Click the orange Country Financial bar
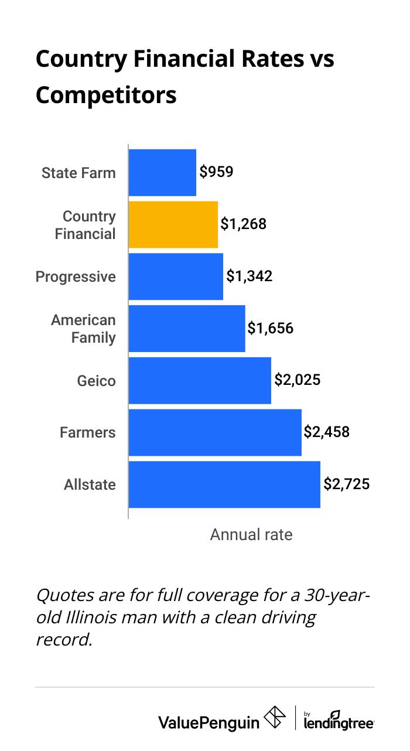pyautogui.click(x=173, y=224)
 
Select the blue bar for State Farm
pyautogui.click(x=162, y=172)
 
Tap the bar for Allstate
pyautogui.click(x=224, y=484)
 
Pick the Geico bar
pyautogui.click(x=199, y=380)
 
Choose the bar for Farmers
pyautogui.click(x=214, y=432)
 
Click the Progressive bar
pyautogui.click(x=176, y=276)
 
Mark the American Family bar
pyautogui.click(x=186, y=329)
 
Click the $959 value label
pyautogui.click(x=216, y=172)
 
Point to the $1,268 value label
pyautogui.click(x=243, y=224)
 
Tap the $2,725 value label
pyautogui.click(x=347, y=484)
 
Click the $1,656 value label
pyautogui.click(x=270, y=328)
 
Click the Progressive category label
pyautogui.click(x=76, y=276)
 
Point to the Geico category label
pyautogui.click(x=96, y=381)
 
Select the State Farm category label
pyautogui.click(x=78, y=173)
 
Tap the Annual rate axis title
pyautogui.click(x=251, y=534)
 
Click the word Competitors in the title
pyautogui.click(x=106, y=95)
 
